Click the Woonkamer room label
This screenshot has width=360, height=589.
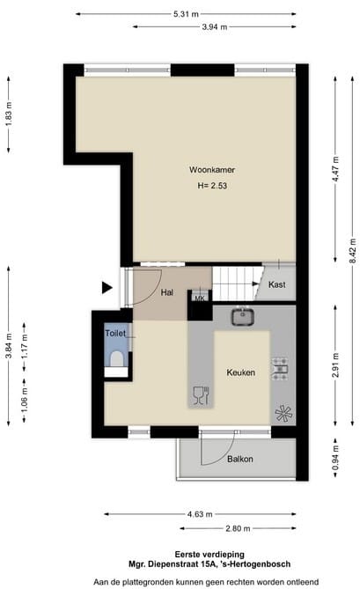(211, 169)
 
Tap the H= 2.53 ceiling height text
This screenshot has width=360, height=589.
(212, 186)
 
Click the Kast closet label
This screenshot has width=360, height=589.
(276, 285)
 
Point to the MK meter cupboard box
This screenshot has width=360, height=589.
(199, 298)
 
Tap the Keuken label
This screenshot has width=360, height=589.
(239, 372)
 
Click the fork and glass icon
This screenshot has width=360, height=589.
(200, 395)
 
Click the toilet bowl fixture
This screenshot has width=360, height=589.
(117, 357)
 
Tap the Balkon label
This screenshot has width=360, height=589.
(240, 459)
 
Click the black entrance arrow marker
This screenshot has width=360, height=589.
(107, 287)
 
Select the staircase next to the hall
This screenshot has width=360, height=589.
(234, 284)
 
